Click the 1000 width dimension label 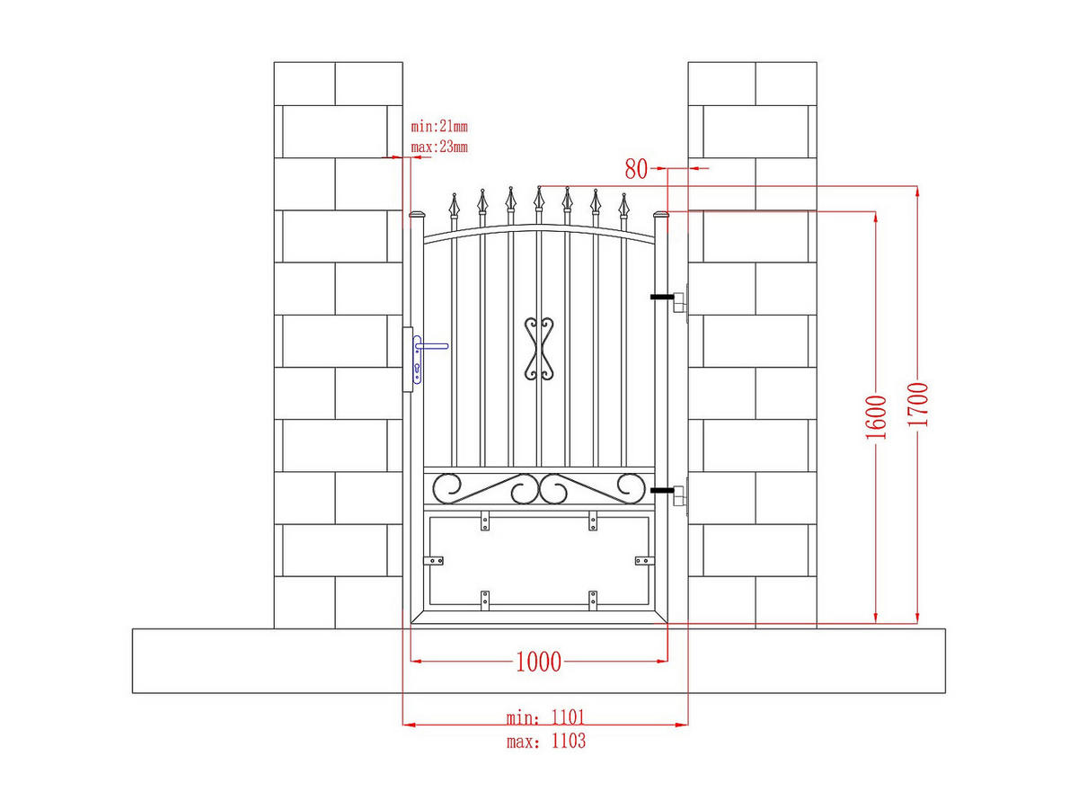(538, 662)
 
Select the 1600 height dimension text (876, 417)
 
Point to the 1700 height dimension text (917, 405)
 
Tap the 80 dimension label (636, 169)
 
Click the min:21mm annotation (439, 127)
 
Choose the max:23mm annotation (439, 147)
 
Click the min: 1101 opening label (545, 718)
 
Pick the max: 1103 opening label (546, 741)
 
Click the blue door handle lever (432, 346)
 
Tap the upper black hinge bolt (662, 297)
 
